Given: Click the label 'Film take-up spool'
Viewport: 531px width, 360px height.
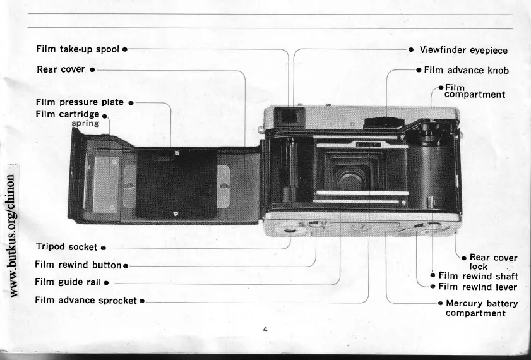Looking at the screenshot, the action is point(77,49).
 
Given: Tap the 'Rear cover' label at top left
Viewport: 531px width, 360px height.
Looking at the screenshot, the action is point(61,69).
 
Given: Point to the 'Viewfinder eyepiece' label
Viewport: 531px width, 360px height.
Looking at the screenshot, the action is point(463,50).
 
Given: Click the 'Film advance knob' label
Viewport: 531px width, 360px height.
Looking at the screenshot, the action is point(466,70).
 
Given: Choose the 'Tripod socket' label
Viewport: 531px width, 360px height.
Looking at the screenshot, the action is point(66,246).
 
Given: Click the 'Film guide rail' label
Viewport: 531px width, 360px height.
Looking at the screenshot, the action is point(69,282).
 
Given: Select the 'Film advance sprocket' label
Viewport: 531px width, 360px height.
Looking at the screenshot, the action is point(86,300).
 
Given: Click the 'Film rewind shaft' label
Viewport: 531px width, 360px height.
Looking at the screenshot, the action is point(478,276).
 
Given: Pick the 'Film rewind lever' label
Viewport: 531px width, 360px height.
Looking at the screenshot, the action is point(478,287).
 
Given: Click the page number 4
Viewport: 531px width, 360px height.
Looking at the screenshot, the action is point(266,329).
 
